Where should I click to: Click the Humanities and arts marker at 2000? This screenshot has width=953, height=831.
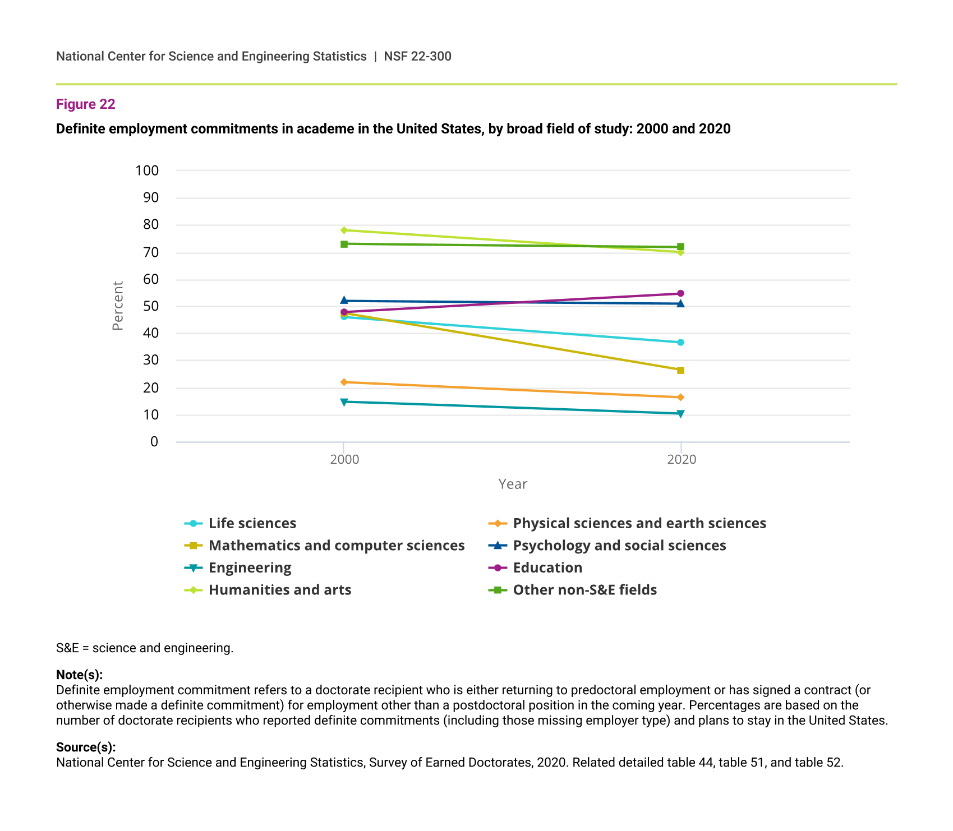click(344, 230)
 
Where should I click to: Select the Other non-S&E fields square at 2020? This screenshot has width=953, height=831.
click(680, 247)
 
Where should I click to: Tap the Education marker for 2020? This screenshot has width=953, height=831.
click(680, 293)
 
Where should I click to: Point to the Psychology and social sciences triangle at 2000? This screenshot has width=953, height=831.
click(344, 301)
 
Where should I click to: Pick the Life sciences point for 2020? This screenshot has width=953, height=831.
click(680, 342)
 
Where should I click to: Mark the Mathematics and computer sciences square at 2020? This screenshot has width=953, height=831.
click(680, 370)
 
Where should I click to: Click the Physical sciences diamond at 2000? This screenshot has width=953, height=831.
click(344, 382)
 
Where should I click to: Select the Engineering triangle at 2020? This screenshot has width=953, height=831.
click(680, 414)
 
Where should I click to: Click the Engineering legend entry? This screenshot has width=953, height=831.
click(250, 567)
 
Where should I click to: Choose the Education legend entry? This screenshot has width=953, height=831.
click(547, 567)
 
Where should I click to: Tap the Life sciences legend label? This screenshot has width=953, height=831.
click(252, 523)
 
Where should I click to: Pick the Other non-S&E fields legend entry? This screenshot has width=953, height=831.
click(584, 590)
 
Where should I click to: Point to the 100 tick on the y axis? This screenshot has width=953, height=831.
click(147, 170)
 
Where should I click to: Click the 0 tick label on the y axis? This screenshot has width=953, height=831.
click(154, 442)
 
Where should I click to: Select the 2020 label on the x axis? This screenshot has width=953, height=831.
click(681, 460)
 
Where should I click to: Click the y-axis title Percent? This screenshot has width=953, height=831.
click(117, 306)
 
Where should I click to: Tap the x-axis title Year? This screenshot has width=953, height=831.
click(513, 484)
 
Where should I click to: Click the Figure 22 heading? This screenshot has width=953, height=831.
click(86, 104)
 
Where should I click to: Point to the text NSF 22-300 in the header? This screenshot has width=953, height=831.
click(417, 56)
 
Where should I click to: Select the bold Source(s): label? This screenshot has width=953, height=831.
click(86, 747)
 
